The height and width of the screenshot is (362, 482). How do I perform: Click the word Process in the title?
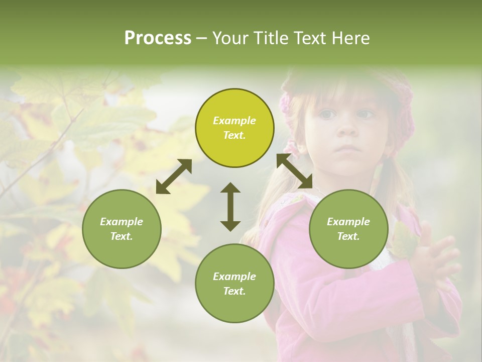point(158,38)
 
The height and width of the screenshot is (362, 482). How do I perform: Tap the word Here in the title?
point(351,38)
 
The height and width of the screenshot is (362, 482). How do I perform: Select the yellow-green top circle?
point(234,128)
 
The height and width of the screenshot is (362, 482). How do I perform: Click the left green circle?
point(122,229)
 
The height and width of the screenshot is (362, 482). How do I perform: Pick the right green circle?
point(348,229)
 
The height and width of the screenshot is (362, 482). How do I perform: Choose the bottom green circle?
point(234,284)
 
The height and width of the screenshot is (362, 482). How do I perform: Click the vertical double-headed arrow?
point(230,207)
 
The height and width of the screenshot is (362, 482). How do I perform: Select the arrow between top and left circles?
point(174,176)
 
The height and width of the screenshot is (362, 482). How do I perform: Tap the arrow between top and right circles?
point(295,171)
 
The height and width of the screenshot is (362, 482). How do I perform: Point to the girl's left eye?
point(368,115)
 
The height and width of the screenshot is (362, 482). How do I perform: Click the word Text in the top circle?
point(234,135)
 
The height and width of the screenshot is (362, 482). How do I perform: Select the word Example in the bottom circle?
point(234,277)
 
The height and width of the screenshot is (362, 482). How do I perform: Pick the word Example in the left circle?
point(122,222)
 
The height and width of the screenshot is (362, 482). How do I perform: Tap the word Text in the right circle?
point(348,236)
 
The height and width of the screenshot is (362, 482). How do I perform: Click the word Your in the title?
point(230,38)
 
